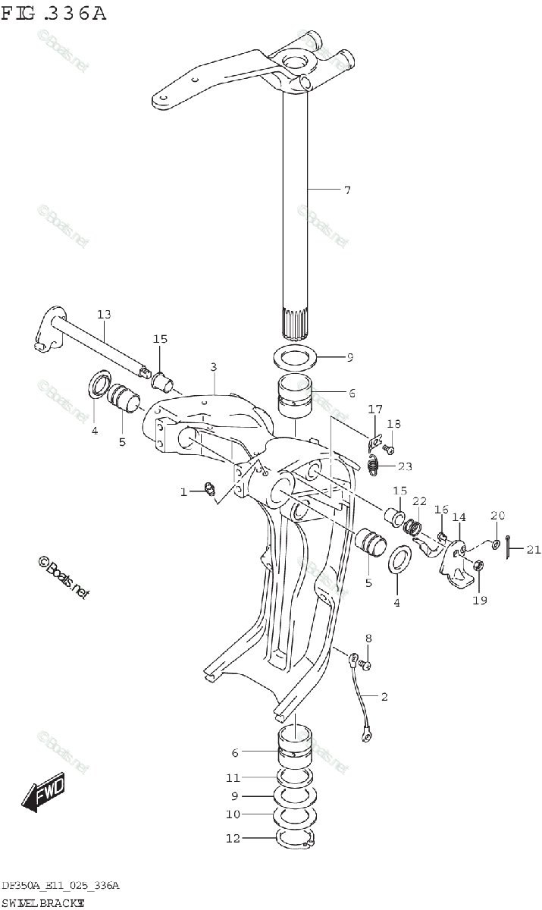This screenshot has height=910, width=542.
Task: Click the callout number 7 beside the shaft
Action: point(346,190)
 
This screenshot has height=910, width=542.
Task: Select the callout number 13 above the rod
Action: point(104,315)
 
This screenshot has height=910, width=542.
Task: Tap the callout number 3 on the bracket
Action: point(214,367)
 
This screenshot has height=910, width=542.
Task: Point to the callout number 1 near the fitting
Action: point(183,493)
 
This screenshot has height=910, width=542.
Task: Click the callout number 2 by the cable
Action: point(384,696)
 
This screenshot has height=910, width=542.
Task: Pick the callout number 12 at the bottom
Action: point(233,839)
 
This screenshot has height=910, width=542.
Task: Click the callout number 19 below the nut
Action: point(480,601)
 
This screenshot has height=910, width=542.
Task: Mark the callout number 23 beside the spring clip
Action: point(405,466)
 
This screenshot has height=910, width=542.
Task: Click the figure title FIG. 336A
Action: point(54,13)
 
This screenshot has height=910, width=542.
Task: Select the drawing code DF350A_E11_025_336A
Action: point(60,886)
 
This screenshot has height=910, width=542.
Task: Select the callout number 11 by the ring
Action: point(233,778)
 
